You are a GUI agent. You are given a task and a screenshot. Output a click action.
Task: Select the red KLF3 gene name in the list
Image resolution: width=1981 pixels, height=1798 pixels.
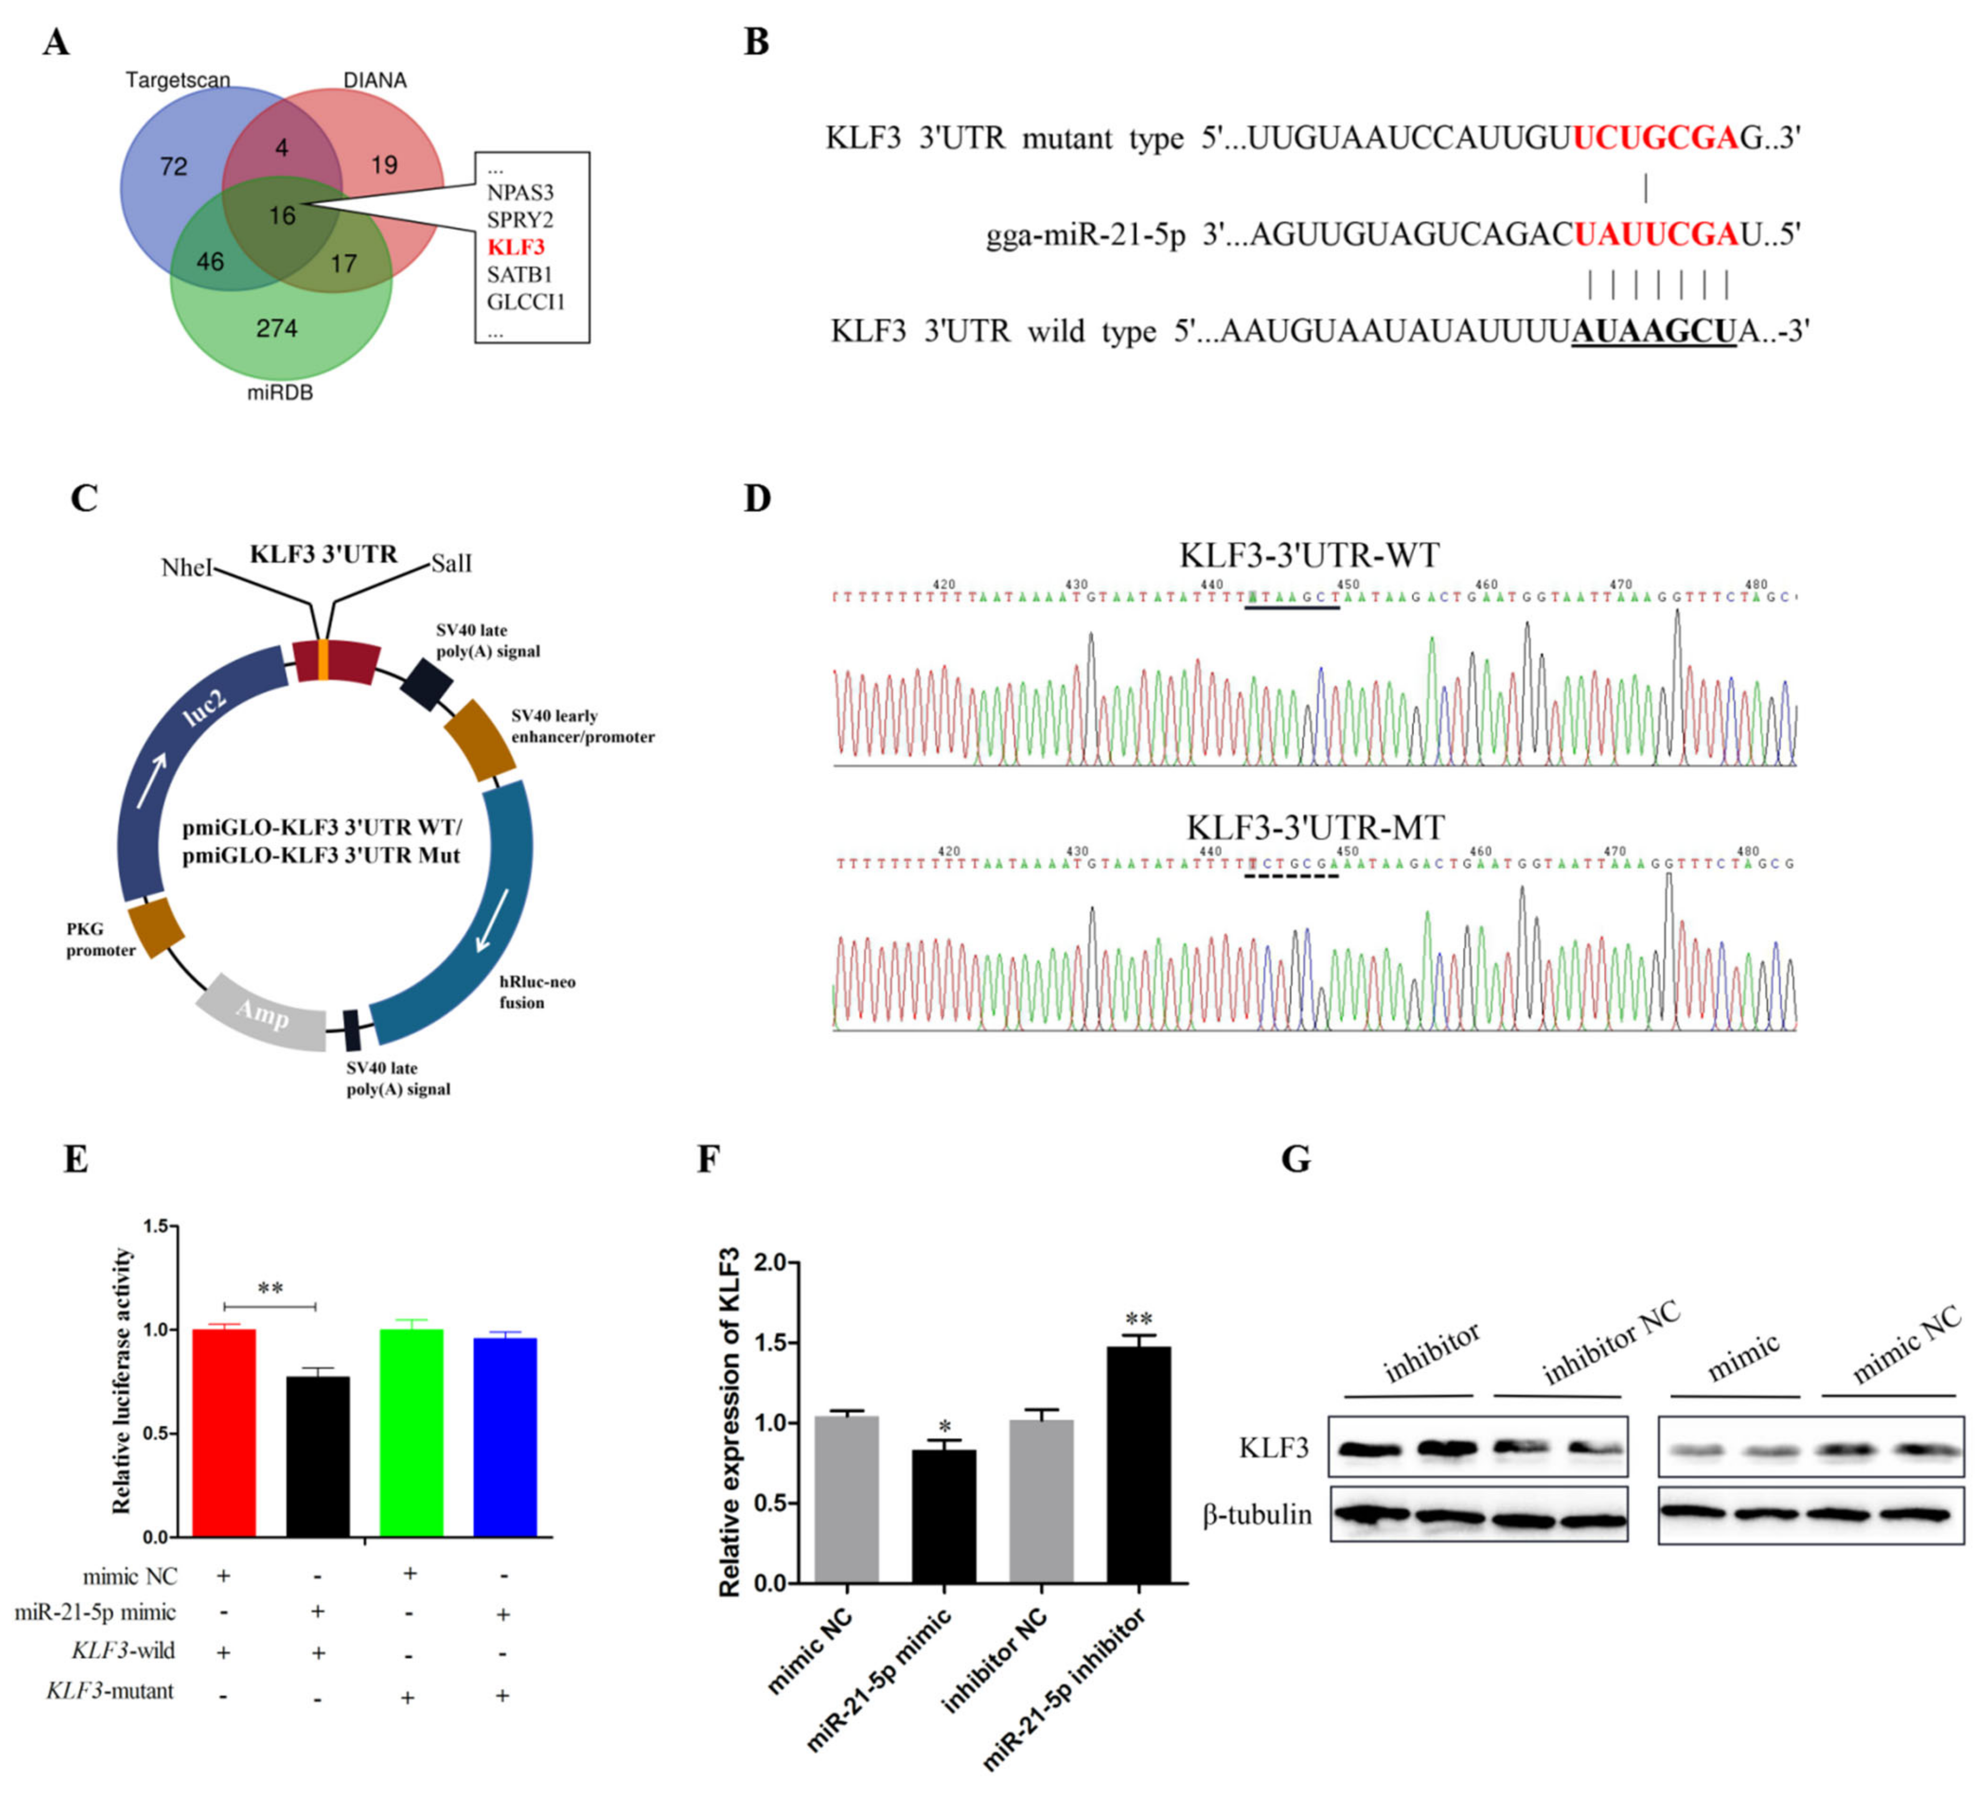pos(516,247)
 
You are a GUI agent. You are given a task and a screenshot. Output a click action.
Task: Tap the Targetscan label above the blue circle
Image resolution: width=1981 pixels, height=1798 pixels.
pos(178,79)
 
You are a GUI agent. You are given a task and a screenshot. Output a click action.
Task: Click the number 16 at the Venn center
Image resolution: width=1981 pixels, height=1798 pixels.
pos(282,215)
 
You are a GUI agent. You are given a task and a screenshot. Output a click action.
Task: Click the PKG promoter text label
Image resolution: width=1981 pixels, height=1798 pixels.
pos(100,939)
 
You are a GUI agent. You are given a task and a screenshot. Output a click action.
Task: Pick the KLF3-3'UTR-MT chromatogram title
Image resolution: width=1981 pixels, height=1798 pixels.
pos(1315,827)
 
